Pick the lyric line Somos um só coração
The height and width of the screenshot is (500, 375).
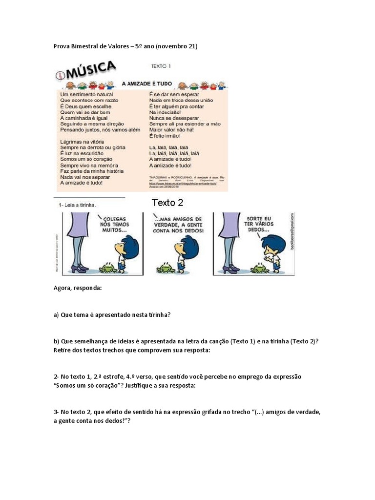[x=86, y=159]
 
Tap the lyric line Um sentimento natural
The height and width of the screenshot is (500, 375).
[x=86, y=94]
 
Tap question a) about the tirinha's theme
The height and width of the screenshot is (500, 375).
[x=112, y=315]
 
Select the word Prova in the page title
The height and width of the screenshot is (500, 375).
[x=61, y=46]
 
